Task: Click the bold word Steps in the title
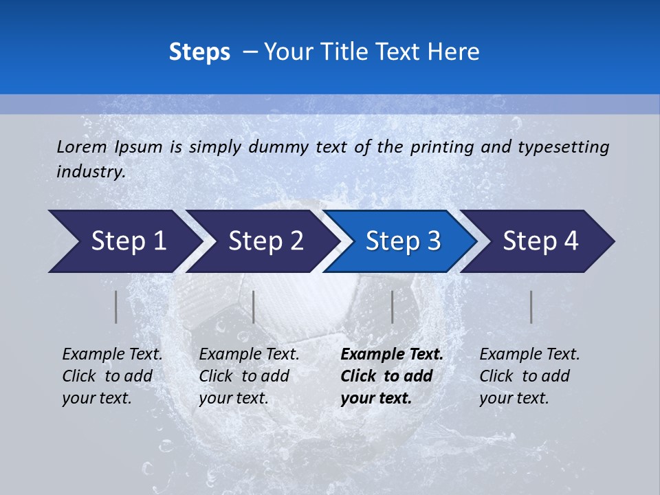[199, 52]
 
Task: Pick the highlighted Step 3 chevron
[403, 241]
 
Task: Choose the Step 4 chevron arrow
[540, 241]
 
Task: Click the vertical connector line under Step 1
[115, 307]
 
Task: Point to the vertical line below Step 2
[254, 307]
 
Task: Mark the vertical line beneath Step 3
[392, 307]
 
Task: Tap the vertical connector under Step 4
[531, 307]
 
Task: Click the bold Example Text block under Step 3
[392, 376]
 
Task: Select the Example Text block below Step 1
[112, 376]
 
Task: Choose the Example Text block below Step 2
[249, 376]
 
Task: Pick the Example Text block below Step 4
[529, 376]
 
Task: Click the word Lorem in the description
[82, 146]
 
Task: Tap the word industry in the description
[91, 172]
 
